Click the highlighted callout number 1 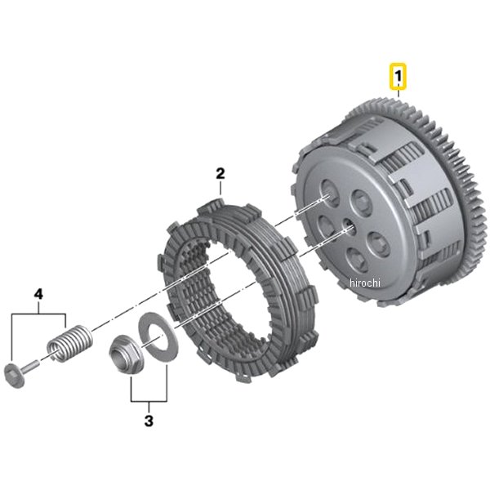[x=398, y=76]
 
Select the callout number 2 [x=220, y=173]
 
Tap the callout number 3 [x=149, y=421]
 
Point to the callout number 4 [x=38, y=294]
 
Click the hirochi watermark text [x=365, y=283]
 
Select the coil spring [x=69, y=344]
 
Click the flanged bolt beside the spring [x=20, y=373]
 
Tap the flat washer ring [x=158, y=336]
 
